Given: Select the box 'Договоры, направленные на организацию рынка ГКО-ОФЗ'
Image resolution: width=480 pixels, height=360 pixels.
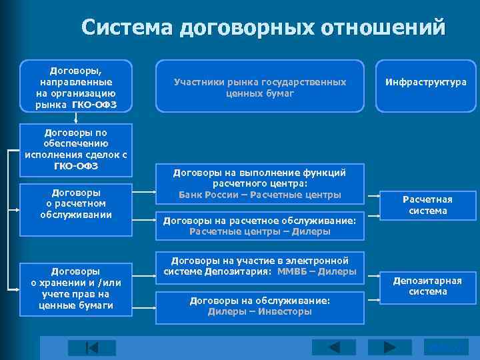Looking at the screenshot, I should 76,86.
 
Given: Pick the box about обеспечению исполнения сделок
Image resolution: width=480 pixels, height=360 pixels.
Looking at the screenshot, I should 76,149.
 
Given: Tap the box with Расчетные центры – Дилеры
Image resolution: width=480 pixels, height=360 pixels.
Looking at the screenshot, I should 260,225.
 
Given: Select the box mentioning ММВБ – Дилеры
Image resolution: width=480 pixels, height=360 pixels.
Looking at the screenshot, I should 260,265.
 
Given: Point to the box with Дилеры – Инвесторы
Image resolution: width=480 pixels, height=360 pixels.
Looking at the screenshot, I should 260,306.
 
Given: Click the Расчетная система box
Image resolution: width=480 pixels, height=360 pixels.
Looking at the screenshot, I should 427,205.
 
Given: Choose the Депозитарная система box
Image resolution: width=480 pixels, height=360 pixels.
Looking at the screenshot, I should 427,285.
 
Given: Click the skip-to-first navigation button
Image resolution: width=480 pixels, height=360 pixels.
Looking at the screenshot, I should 91,348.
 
